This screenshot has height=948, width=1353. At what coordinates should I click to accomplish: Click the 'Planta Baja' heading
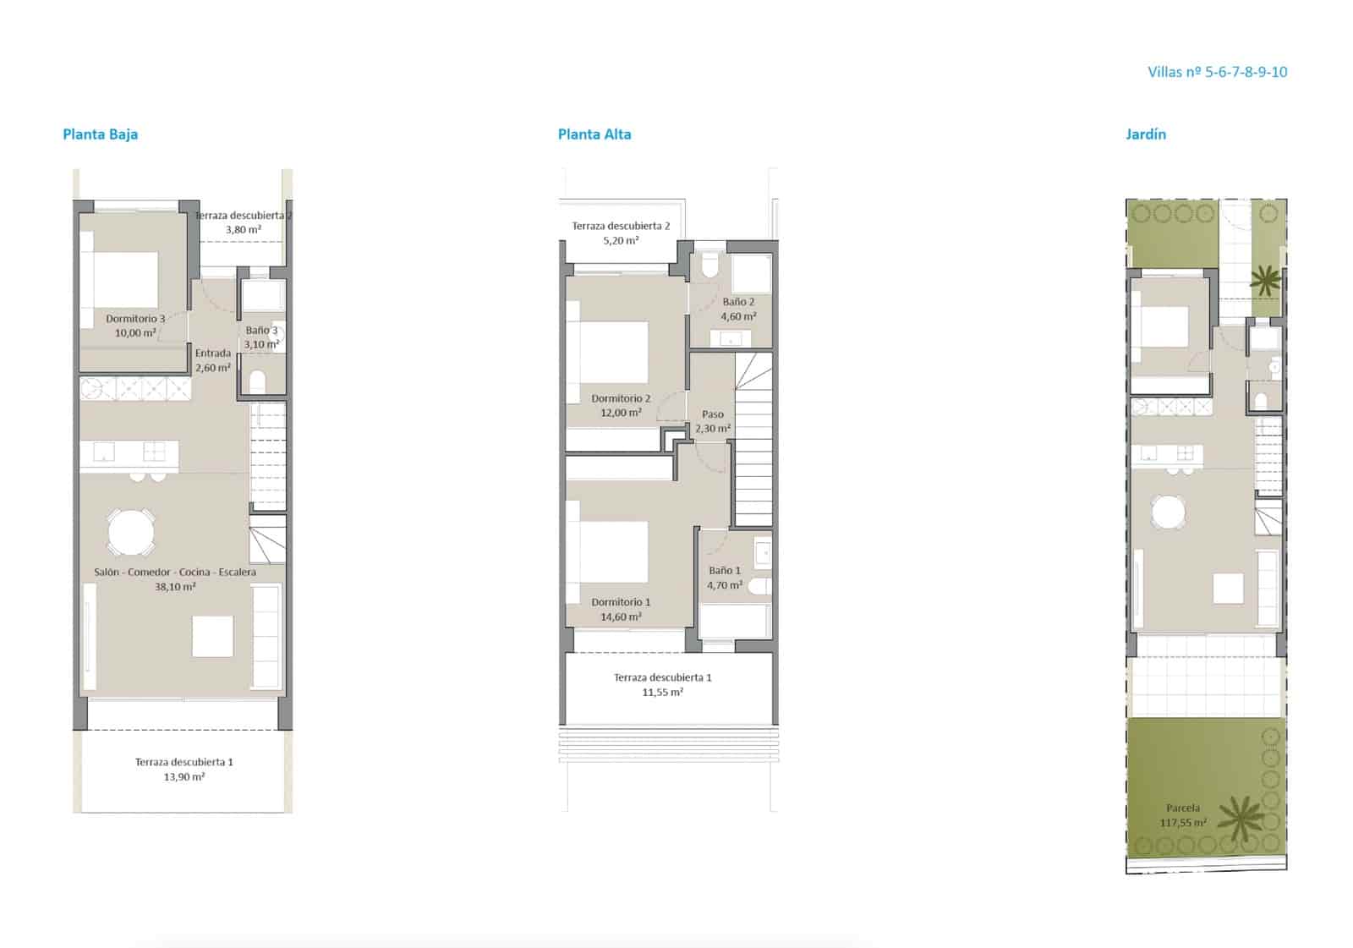100,134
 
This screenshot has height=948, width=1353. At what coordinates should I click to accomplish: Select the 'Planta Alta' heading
594,134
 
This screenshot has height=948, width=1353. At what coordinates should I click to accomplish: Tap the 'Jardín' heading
1145,134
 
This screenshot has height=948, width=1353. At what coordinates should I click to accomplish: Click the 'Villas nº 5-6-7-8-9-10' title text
1217,72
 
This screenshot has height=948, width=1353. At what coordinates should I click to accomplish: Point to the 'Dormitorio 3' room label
135,319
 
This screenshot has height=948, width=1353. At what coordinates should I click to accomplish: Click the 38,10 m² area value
175,587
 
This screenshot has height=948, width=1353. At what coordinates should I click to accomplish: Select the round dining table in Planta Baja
131,532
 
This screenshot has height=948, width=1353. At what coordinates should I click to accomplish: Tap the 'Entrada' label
212,353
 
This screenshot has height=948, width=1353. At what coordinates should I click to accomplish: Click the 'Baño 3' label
261,331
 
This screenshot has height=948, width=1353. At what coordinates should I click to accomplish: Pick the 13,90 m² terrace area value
184,777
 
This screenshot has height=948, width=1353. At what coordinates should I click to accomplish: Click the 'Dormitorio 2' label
621,398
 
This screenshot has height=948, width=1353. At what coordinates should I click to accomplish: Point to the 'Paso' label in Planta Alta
713,414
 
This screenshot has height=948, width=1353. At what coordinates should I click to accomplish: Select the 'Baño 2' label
738,302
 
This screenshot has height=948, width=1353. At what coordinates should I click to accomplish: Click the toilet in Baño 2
709,266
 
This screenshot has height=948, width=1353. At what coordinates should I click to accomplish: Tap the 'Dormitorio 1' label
621,602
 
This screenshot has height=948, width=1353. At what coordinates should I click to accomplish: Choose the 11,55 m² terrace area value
662,693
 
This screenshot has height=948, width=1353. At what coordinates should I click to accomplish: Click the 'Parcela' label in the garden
1182,808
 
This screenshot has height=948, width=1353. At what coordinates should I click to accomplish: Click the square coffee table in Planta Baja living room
212,636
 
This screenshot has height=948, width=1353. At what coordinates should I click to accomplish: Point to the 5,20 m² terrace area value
621,241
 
